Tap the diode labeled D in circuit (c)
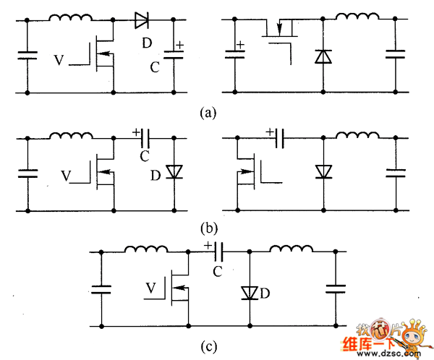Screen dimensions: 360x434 coord(250,293)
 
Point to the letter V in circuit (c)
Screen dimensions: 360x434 coord(150,288)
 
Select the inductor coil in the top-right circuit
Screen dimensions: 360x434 coord(357,19)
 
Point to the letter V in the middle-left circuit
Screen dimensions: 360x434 coord(67,175)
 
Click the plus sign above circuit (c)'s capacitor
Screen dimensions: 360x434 coord(208,246)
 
